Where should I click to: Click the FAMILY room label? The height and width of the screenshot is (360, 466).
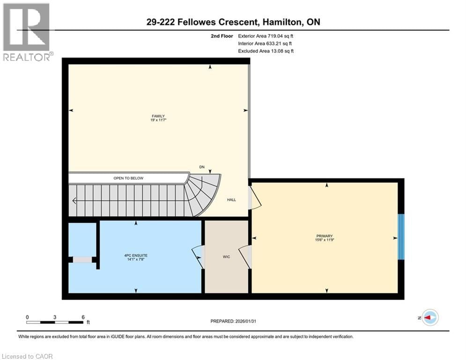pos(158,116)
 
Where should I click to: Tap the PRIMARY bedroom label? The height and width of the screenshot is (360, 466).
pos(324,236)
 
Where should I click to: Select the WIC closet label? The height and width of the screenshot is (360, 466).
pos(226,256)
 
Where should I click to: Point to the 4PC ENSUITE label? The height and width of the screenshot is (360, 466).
pos(136,255)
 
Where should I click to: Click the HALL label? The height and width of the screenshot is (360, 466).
pos(231,200)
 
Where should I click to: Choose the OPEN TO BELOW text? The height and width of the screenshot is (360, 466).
pos(128,178)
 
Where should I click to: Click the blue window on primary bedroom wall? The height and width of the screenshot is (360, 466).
pos(400,237)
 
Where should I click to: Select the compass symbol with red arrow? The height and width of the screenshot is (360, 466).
pos(429,317)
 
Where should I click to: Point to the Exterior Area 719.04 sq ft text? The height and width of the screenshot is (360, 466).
pos(266,36)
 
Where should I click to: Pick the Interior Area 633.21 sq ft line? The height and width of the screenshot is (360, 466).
pos(265,43)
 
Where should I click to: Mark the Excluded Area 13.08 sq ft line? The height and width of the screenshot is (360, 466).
pos(266,51)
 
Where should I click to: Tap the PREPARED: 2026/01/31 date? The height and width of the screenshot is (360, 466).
pos(234,321)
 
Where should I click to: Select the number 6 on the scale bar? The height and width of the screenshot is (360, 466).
pos(83,317)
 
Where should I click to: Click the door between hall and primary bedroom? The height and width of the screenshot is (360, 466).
pos(254,197)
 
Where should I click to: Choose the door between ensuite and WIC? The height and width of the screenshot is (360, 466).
pos(199,257)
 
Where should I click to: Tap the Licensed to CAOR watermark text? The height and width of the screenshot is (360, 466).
pos(27,356)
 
